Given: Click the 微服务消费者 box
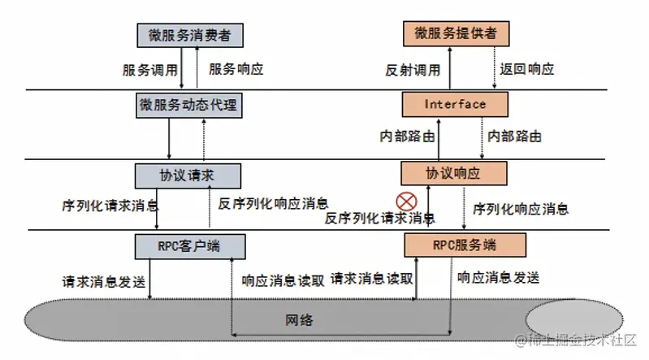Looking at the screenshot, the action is (190, 35).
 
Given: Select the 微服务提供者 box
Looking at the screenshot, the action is (456, 33).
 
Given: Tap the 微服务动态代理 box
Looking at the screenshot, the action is (189, 105).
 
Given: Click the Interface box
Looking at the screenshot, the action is (455, 104).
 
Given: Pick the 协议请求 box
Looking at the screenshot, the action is (188, 176).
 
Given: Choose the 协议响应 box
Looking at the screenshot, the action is (453, 173).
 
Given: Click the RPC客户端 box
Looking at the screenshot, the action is (190, 246).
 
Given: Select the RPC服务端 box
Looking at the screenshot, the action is (465, 245).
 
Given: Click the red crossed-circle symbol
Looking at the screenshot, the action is (406, 202).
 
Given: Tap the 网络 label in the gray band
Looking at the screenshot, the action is (299, 320).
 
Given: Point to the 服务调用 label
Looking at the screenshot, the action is (149, 70).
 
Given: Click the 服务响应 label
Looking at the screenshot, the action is (236, 69).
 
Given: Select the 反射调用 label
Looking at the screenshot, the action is (413, 70).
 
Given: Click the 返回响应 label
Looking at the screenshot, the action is (527, 69).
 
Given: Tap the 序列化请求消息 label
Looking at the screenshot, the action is (110, 206).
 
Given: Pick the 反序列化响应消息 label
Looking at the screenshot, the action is (273, 203).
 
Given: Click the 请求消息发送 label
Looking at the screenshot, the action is (104, 282).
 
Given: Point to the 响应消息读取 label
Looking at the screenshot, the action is (283, 281).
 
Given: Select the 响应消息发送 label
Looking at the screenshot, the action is (499, 278).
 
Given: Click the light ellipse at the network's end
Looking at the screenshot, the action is (574, 320).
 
